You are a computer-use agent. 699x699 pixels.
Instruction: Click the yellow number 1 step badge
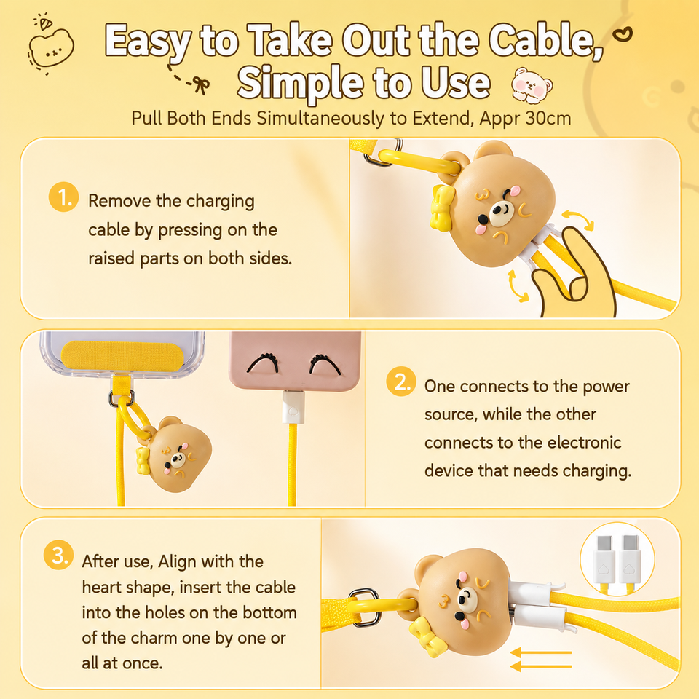(x=63, y=197)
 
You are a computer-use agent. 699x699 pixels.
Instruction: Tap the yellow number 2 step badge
(x=400, y=382)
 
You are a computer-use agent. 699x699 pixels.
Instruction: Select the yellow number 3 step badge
(x=58, y=555)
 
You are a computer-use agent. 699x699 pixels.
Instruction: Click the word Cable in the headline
(x=545, y=41)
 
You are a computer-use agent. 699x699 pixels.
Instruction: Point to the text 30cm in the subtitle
(x=548, y=118)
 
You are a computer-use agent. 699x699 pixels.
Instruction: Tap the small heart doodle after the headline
(x=623, y=34)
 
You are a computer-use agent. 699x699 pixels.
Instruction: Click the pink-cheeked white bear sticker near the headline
(x=532, y=84)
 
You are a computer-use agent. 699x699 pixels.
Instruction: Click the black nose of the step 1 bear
(x=483, y=219)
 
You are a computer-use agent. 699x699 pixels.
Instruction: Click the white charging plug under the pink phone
(x=293, y=407)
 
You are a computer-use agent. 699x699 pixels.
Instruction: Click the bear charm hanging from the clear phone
(x=177, y=454)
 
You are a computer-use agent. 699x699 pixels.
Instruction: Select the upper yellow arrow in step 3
(x=541, y=652)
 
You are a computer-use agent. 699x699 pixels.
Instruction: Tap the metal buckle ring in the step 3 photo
(x=366, y=607)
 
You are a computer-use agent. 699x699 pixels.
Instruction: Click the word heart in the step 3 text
(x=104, y=588)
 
